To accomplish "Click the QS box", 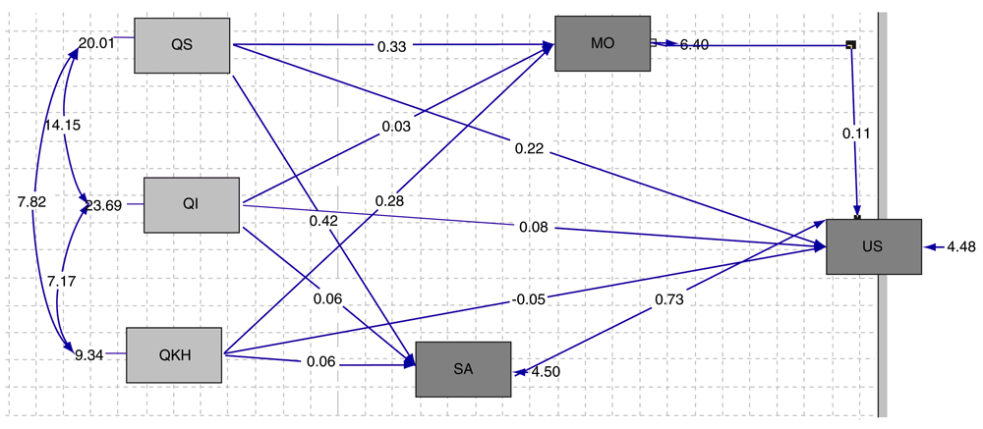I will [182, 45].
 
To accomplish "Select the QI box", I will [192, 204].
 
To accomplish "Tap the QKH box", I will [175, 354].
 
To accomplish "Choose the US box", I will [873, 246].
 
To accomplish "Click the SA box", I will [463, 369].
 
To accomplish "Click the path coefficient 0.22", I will [528, 149].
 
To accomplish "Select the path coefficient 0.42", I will [323, 220].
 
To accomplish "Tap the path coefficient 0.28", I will [389, 201].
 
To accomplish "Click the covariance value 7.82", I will [30, 202].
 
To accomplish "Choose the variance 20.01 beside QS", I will [97, 42].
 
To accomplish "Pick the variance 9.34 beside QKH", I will [89, 354].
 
